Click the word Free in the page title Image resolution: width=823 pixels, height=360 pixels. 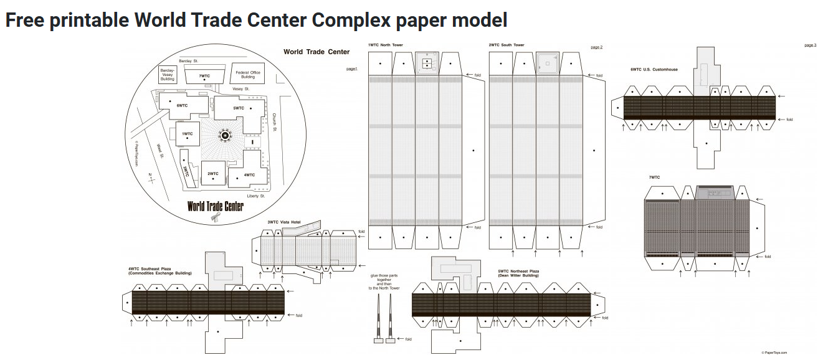(x=24, y=21)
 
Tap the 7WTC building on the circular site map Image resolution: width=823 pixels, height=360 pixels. (x=204, y=76)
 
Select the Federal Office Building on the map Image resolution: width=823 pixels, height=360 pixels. (x=247, y=74)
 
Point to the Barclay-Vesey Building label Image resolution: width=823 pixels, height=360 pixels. (x=168, y=75)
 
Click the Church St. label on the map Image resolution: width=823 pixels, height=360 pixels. (x=274, y=123)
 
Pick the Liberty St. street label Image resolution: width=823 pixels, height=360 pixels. (x=255, y=196)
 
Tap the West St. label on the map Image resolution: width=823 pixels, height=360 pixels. (x=160, y=152)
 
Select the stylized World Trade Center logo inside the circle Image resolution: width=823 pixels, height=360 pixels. (x=215, y=206)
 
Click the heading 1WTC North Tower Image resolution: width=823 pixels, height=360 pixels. (x=385, y=45)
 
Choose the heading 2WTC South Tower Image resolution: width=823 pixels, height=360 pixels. (x=507, y=45)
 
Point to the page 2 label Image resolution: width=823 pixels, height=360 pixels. (x=596, y=47)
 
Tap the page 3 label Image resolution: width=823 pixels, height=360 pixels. (x=810, y=45)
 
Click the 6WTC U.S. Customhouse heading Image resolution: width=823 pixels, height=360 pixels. (x=654, y=70)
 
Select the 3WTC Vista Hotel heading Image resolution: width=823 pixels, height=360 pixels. (x=284, y=222)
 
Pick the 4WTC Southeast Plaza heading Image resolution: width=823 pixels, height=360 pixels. (x=159, y=270)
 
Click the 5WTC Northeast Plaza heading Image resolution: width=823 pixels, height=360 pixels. (x=518, y=273)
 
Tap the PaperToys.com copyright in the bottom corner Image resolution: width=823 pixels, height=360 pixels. (x=774, y=353)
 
